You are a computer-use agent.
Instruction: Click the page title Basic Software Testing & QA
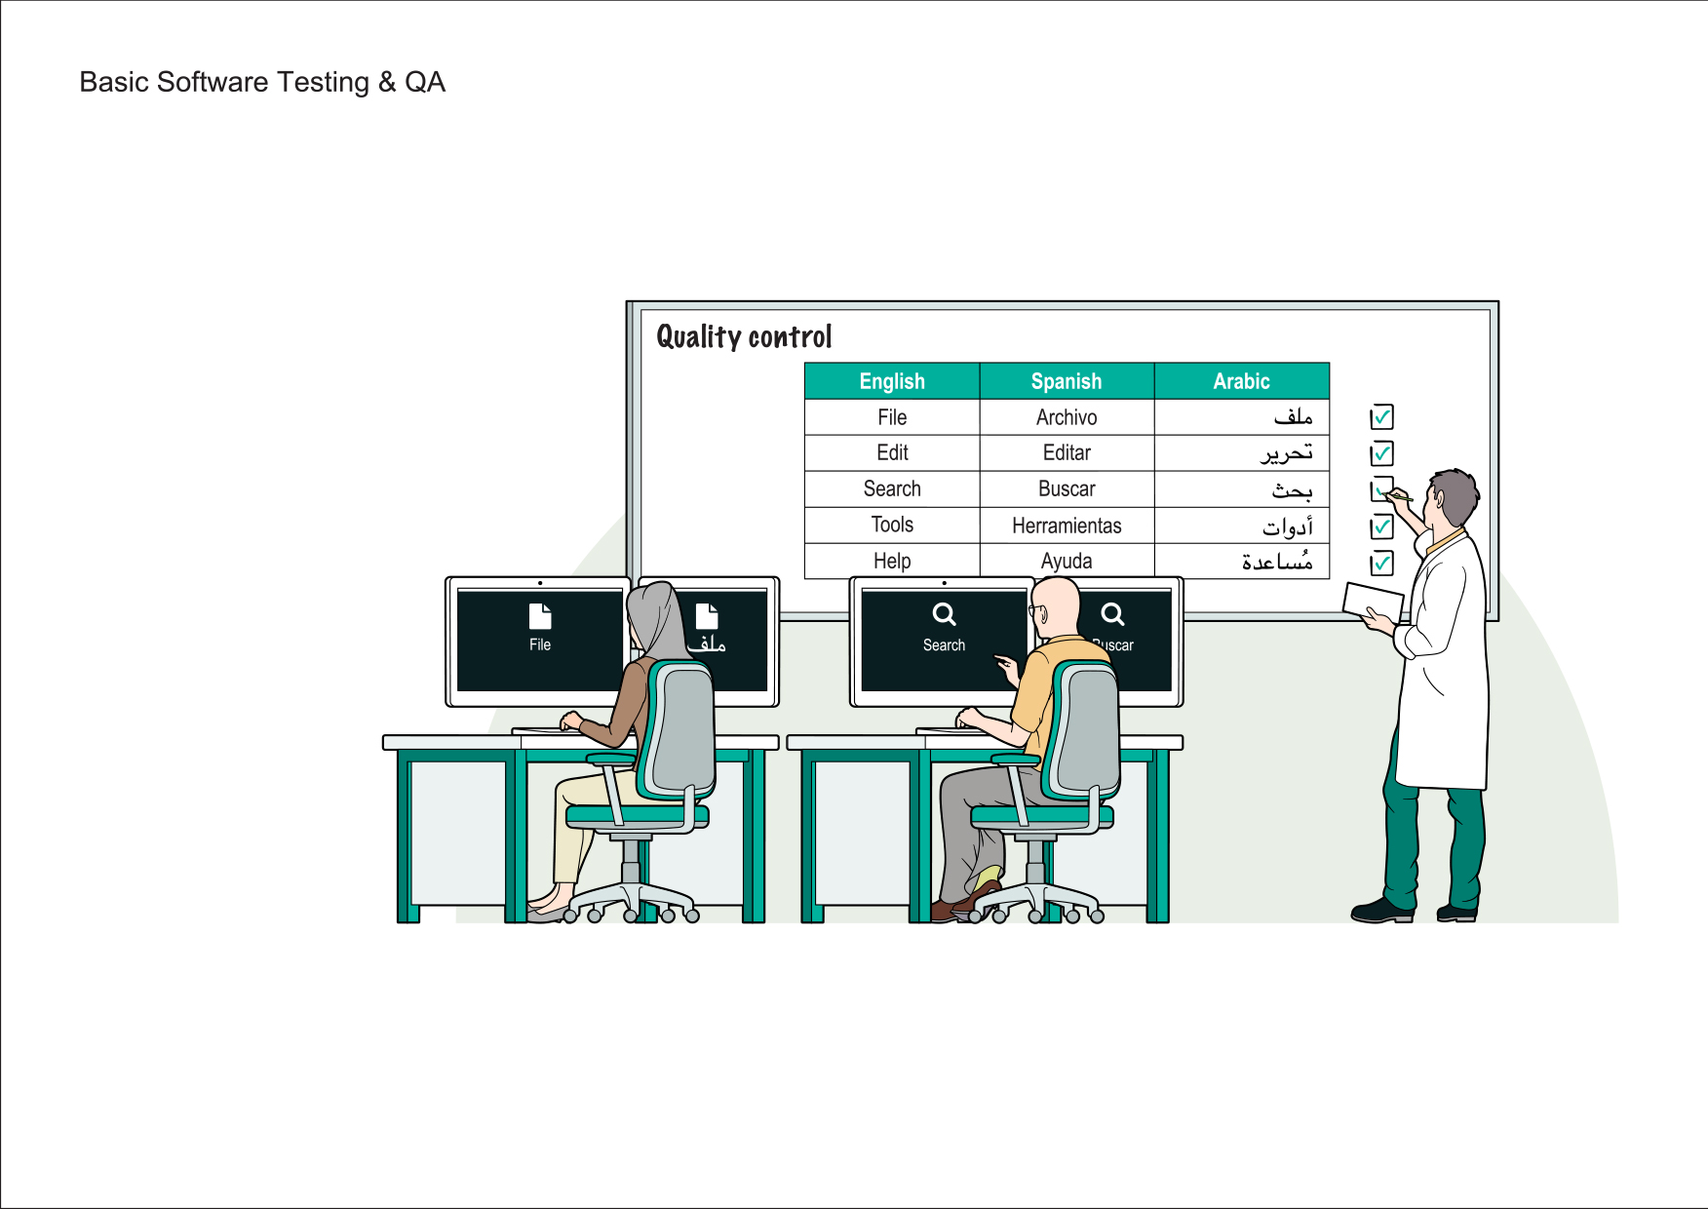262,82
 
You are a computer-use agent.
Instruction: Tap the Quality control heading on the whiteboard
744,337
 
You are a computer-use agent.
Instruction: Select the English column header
892,381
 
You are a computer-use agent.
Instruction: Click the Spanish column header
1067,381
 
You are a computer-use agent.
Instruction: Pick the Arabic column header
1241,381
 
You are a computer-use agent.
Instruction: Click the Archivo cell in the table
1067,417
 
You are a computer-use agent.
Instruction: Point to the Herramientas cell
1067,526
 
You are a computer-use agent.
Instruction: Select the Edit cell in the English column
892,452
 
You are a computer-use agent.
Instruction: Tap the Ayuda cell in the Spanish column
1067,562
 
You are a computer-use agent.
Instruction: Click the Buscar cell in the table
1067,488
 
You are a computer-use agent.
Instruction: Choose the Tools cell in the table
892,525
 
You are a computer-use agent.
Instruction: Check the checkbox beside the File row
1381,417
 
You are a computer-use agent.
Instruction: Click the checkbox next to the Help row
1381,564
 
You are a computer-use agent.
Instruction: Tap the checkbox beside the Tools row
1381,527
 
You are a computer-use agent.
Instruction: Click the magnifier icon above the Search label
944,614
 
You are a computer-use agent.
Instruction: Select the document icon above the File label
540,616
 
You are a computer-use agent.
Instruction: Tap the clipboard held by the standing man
1373,600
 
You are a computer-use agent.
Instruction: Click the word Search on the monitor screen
944,645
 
